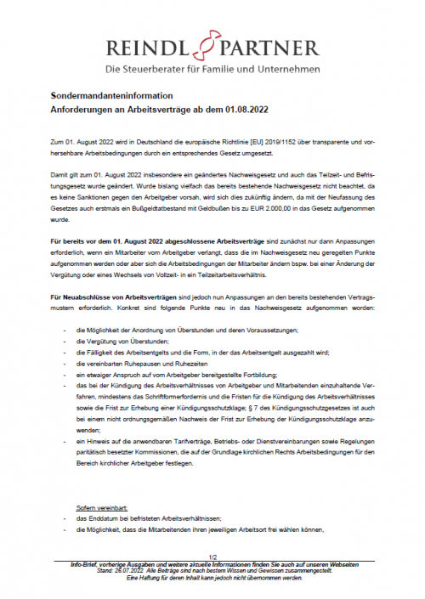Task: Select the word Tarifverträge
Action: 194,444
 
